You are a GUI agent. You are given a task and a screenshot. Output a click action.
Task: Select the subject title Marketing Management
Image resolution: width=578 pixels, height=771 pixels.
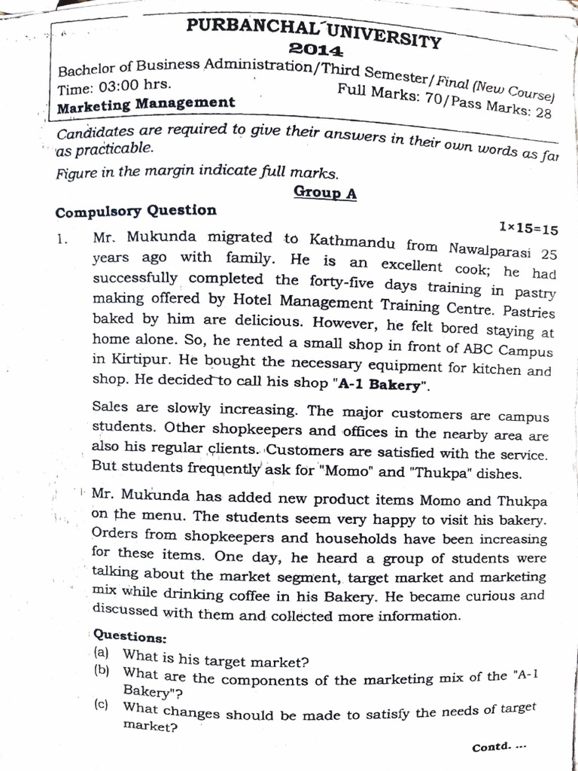pyautogui.click(x=146, y=103)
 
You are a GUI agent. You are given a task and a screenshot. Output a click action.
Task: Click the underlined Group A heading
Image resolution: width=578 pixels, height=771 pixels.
pyautogui.click(x=325, y=192)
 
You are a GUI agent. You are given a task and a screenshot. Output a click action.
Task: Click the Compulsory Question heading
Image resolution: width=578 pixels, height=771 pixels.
pyautogui.click(x=135, y=211)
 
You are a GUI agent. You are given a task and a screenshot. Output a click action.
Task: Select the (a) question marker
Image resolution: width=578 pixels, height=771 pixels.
pyautogui.click(x=102, y=652)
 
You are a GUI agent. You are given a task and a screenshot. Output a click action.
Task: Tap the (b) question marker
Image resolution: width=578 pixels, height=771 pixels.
pyautogui.click(x=102, y=670)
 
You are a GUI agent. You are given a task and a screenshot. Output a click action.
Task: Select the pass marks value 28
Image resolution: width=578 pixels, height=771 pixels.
pyautogui.click(x=543, y=113)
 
